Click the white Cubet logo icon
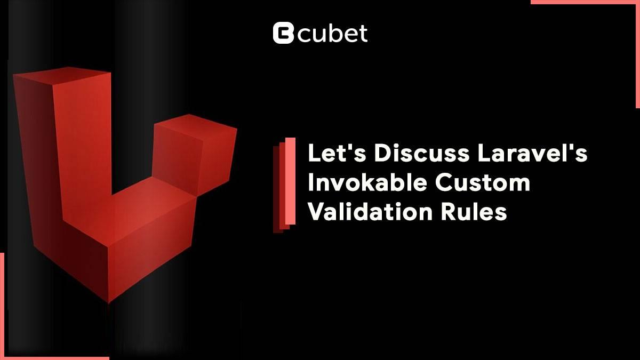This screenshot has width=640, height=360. [283, 33]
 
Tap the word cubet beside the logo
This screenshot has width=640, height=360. [332, 34]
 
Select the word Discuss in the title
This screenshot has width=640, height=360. [422, 153]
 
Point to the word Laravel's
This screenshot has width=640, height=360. [533, 153]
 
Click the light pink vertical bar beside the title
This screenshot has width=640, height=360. [290, 181]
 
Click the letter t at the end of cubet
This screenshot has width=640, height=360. [363, 34]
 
